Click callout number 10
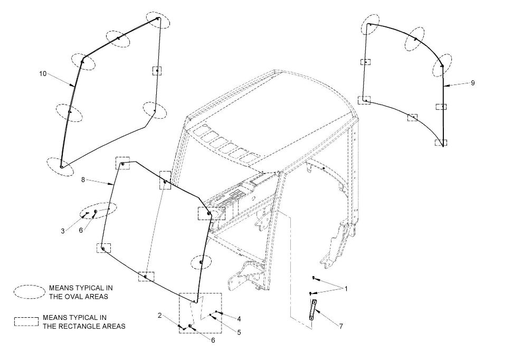point(43,74)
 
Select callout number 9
point(473,83)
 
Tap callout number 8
point(83,180)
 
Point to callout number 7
point(341,326)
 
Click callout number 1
point(346,289)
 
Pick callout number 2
point(159,315)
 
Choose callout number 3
point(62,231)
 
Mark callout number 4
point(239,319)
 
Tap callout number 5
point(239,333)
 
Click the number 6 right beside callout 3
point(81,231)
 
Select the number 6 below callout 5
point(213,340)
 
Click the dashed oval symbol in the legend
point(30,292)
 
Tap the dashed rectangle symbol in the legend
point(26,321)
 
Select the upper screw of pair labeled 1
point(313,277)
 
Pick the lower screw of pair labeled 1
point(311,293)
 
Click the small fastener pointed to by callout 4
point(216,312)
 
